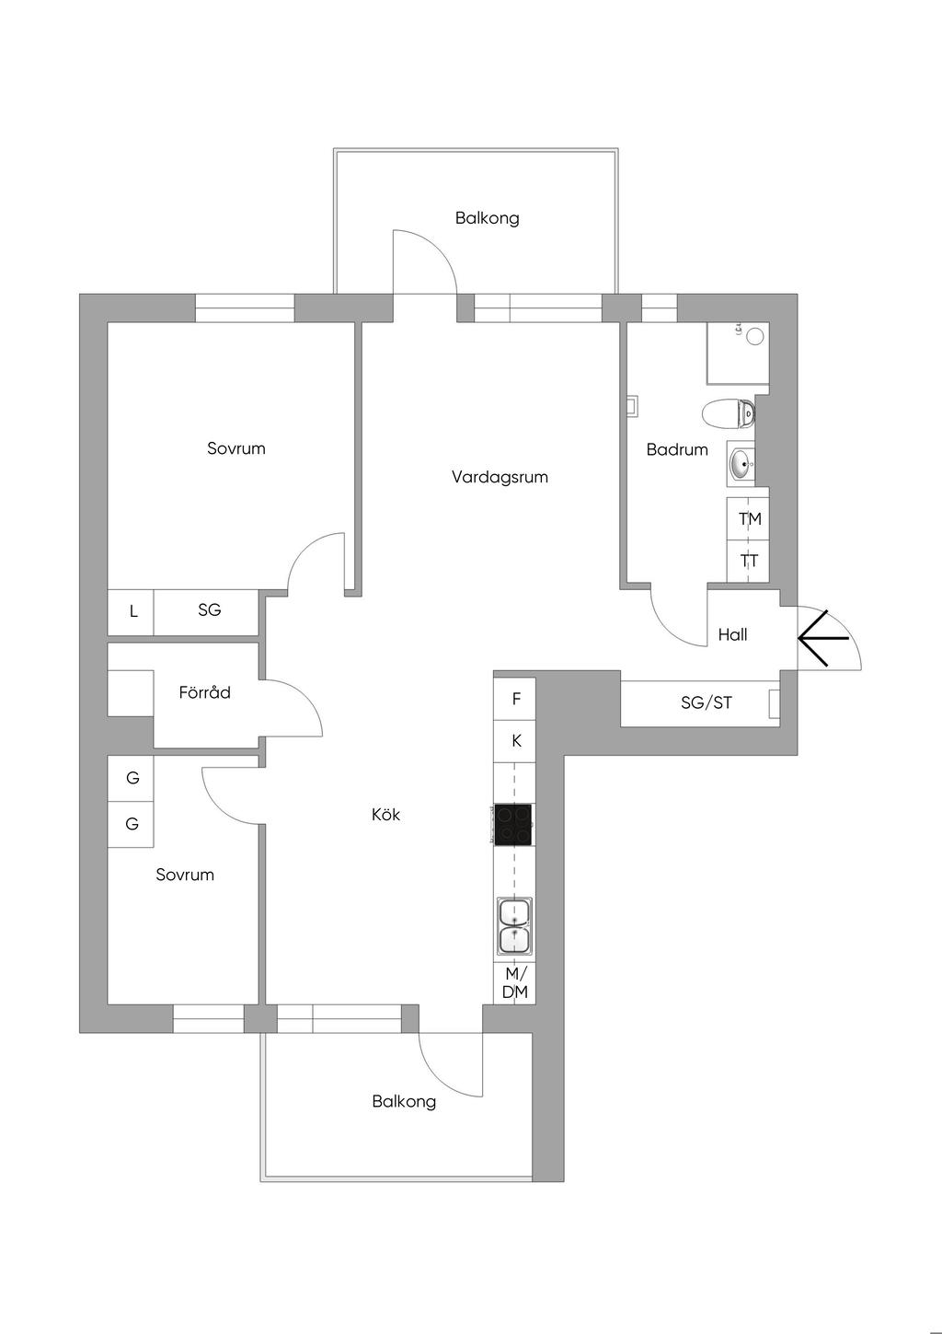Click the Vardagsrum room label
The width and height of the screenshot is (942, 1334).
coord(500,477)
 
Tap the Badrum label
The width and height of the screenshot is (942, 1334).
coord(677,449)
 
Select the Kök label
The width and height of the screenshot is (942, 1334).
coord(385,815)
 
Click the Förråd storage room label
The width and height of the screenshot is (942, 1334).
coord(204,692)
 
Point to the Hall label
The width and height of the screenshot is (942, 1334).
coord(732,634)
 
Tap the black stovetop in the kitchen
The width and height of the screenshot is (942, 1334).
coord(513,825)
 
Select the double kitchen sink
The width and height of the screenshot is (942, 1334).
coord(513,926)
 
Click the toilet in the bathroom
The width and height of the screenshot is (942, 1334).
coord(729,413)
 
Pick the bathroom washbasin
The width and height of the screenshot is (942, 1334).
coord(741,464)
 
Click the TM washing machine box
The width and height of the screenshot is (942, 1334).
coord(750,519)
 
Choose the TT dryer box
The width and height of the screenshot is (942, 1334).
coord(750,561)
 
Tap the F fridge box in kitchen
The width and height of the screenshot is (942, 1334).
coord(516,699)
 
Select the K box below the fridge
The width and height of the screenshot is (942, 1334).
coord(516,741)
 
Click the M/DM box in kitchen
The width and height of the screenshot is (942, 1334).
coord(515,982)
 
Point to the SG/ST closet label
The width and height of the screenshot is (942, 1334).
coord(706,702)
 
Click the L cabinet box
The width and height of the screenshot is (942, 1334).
coord(132,611)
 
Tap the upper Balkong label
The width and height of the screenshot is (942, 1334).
coord(487,218)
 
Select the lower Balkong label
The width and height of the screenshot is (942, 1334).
coord(404,1101)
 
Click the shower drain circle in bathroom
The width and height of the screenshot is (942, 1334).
coord(755,336)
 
